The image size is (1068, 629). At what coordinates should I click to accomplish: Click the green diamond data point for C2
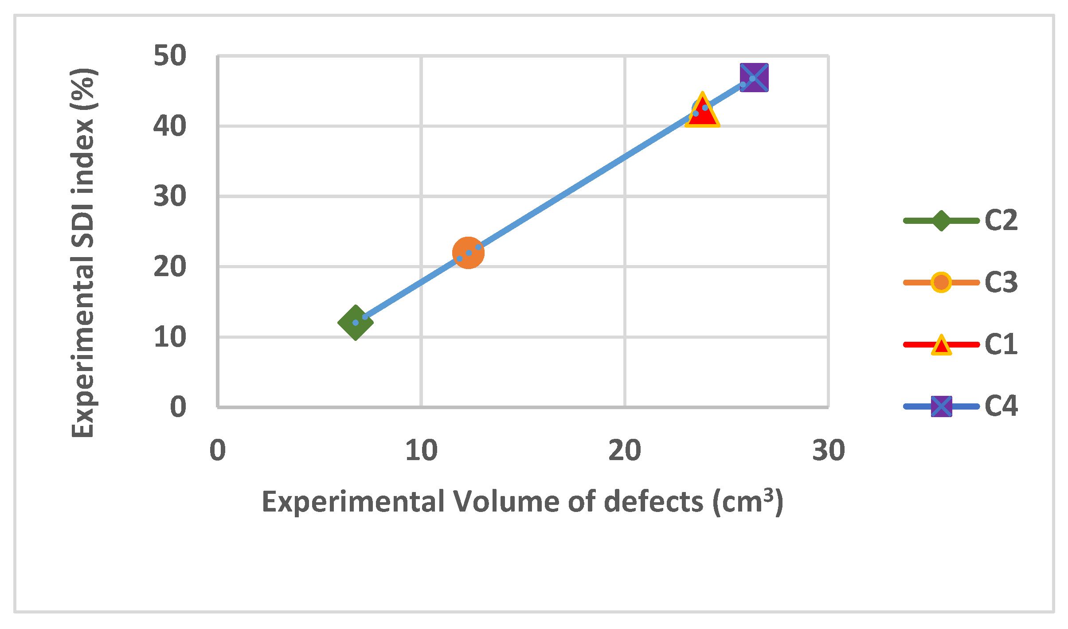coord(355,322)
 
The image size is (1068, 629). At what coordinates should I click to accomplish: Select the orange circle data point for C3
coord(468,253)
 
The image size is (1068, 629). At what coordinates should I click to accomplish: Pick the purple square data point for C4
coord(754,78)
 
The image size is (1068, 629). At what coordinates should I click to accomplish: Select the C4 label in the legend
coord(1001,406)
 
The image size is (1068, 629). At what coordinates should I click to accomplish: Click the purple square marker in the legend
coord(941,406)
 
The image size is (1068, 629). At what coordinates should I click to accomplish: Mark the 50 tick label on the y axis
coord(170,56)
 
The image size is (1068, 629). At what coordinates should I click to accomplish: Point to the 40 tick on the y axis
coord(170,126)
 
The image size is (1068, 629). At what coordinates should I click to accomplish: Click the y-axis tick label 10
coord(170,337)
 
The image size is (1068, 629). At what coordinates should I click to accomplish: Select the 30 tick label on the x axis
coord(828,451)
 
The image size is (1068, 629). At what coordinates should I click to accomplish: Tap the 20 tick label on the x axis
coord(625,451)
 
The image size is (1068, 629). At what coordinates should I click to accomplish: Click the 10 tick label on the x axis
coord(421,451)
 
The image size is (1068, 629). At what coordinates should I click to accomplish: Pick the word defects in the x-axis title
coord(653,502)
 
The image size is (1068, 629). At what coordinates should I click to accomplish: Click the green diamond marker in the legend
coord(941,220)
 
